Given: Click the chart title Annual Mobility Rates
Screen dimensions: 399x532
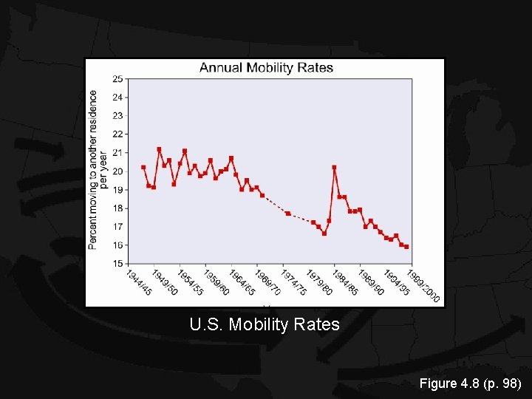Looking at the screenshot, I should click(266, 68).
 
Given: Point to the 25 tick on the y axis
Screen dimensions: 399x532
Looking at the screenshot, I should click(117, 79).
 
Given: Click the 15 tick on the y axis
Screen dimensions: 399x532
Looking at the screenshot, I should click(117, 264).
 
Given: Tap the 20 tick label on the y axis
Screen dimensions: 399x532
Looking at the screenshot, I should click(117, 171).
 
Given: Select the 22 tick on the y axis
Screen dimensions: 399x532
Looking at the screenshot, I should click(117, 134).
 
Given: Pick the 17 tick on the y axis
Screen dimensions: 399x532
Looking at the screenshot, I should click(117, 227).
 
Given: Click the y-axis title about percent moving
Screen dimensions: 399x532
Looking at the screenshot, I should click(98, 169).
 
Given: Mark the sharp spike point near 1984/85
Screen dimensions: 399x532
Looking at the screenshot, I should click(334, 167).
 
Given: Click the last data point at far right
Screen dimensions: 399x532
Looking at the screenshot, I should click(406, 247).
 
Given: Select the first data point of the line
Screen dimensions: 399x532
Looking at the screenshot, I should click(143, 167).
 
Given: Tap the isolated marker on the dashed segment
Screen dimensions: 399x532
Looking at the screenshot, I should click(288, 214).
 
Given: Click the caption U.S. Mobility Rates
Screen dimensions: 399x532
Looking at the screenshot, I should click(265, 324).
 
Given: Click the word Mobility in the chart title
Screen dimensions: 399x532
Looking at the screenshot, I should click(270, 68).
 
